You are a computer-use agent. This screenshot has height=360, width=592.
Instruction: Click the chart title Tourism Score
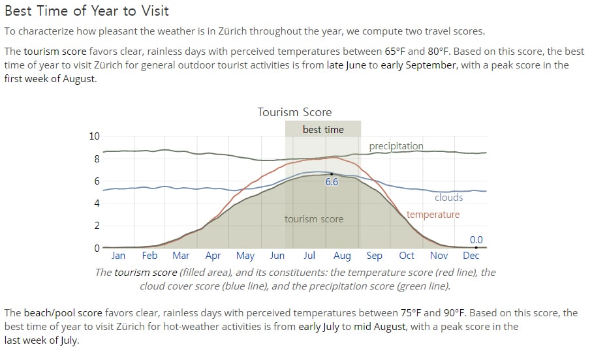(294, 112)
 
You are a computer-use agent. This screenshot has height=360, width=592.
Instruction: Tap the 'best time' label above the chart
(323, 129)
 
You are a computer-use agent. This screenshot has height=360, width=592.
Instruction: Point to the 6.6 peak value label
(332, 182)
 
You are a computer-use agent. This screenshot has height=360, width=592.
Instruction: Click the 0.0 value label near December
(476, 239)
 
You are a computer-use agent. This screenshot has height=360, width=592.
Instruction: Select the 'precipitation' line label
(396, 146)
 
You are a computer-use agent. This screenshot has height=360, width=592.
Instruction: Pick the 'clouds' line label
(448, 198)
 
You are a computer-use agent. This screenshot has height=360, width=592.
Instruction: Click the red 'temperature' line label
(433, 215)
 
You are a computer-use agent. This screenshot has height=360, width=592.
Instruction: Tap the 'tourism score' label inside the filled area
(314, 219)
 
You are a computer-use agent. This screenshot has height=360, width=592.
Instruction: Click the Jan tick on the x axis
(118, 256)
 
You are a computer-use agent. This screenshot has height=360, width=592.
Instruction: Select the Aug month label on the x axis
(342, 256)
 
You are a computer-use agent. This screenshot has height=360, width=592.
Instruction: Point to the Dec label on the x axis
(471, 256)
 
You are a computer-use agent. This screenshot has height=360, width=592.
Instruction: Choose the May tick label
(245, 256)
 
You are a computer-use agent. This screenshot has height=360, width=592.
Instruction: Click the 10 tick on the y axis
(95, 136)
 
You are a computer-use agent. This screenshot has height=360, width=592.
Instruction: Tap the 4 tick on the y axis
(97, 203)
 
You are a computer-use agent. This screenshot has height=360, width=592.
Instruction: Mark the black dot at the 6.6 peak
(332, 174)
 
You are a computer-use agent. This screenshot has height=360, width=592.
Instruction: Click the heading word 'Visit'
(155, 10)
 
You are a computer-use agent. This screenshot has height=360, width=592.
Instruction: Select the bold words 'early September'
(418, 65)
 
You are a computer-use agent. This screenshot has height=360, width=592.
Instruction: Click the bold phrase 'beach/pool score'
(63, 313)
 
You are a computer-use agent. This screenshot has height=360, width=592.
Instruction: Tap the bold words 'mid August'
(380, 327)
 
